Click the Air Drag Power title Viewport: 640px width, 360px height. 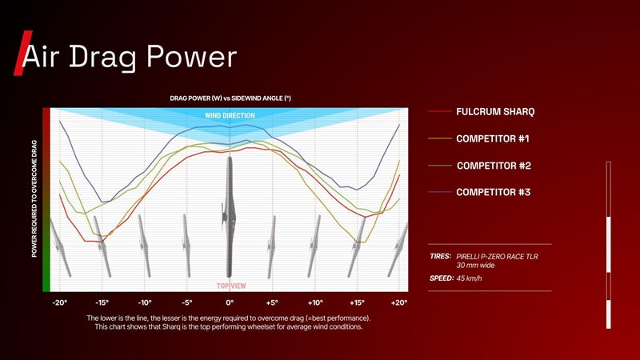[130, 57]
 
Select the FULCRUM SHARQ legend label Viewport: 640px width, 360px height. [495, 112]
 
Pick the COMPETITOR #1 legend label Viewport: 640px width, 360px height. [493, 138]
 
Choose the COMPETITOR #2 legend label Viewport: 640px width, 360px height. [494, 166]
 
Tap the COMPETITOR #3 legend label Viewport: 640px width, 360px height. [493, 192]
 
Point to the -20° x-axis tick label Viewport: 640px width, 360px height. [59, 303]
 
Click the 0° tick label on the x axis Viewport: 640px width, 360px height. [230, 303]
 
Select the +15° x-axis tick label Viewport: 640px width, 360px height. [357, 303]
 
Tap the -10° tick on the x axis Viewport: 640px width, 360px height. [145, 303]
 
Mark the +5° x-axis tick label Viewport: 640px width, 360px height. [272, 303]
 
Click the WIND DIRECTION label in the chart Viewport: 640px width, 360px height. [230, 115]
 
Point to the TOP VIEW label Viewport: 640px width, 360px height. [231, 286]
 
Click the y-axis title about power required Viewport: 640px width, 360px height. [34, 198]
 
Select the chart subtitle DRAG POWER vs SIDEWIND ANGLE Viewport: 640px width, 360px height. [230, 98]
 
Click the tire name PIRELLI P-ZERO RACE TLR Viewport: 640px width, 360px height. [497, 257]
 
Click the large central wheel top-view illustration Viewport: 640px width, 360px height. [230, 217]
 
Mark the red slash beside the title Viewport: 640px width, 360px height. [22, 53]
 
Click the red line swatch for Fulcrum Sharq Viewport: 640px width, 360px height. [439, 111]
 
